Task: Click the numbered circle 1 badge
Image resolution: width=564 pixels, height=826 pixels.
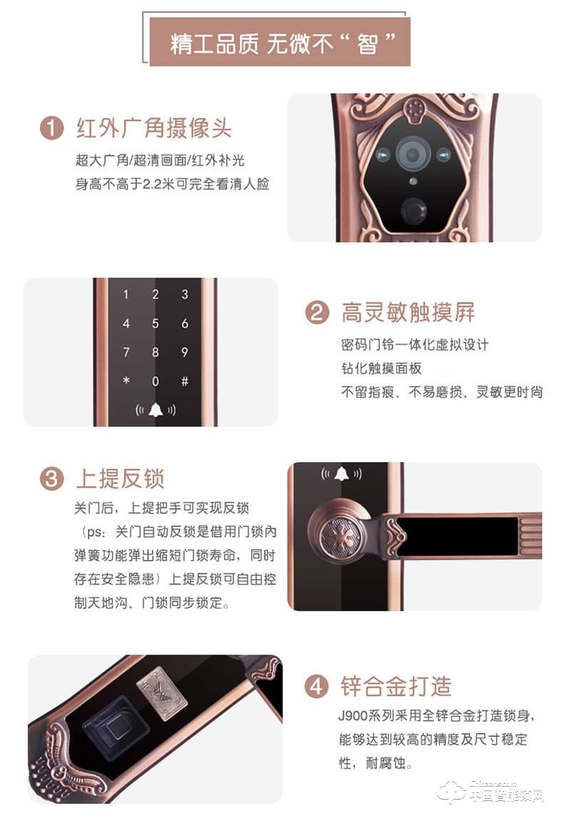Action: [51, 128]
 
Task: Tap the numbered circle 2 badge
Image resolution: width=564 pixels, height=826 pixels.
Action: [317, 312]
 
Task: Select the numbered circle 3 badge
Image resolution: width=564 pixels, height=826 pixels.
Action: [51, 479]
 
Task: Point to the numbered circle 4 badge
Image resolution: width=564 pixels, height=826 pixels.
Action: [316, 687]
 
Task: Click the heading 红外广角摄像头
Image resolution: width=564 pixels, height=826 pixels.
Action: [153, 128]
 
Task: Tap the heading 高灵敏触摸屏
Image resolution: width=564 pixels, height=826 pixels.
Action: [408, 312]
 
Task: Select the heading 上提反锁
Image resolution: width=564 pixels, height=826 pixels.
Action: [121, 479]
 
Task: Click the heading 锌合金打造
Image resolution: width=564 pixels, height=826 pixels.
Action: [396, 687]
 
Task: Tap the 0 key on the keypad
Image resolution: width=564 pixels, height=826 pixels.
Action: [155, 381]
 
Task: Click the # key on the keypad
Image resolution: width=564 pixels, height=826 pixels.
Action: [185, 381]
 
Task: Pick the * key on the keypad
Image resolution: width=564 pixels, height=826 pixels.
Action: [126, 380]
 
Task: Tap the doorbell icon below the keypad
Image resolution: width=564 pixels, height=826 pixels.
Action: [156, 410]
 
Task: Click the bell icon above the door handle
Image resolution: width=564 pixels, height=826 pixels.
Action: [341, 474]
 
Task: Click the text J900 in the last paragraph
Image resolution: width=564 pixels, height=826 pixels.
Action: [353, 716]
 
